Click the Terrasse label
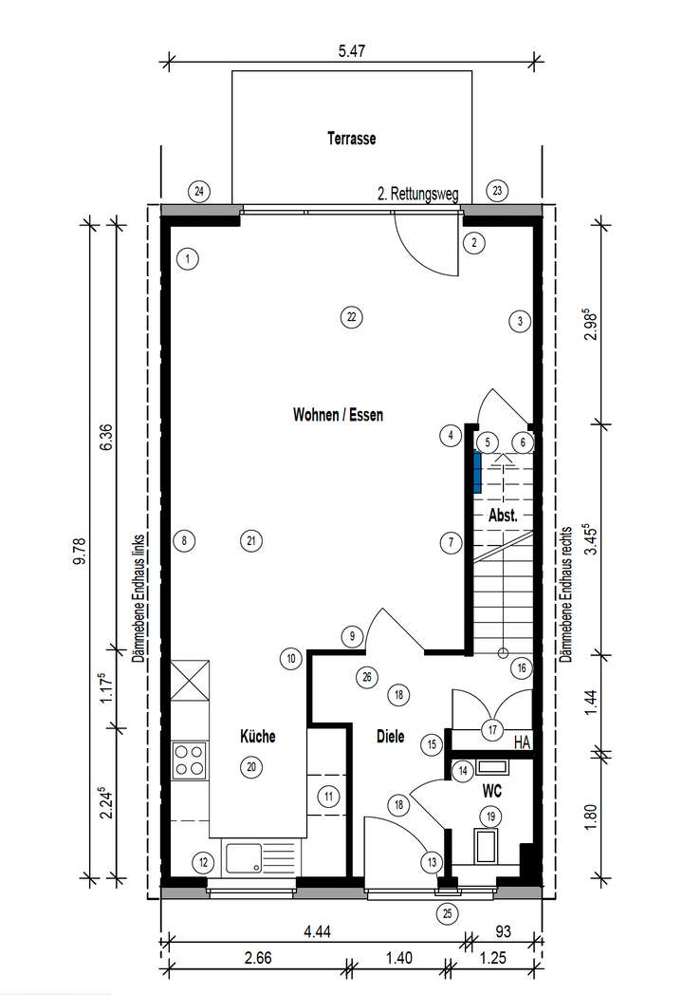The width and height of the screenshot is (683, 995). point(351,139)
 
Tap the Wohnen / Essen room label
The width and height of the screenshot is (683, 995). point(338,415)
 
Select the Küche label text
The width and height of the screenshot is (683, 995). point(257,736)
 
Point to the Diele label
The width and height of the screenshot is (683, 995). point(390,734)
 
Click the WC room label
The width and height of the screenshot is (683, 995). point(491,789)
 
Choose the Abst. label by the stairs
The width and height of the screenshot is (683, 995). point(502,516)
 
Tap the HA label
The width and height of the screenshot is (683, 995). point(521,742)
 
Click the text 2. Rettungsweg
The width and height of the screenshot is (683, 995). point(417,195)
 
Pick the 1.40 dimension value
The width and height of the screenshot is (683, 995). point(397,959)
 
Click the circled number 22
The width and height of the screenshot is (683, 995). point(351,317)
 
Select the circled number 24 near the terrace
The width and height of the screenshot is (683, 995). point(198,191)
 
